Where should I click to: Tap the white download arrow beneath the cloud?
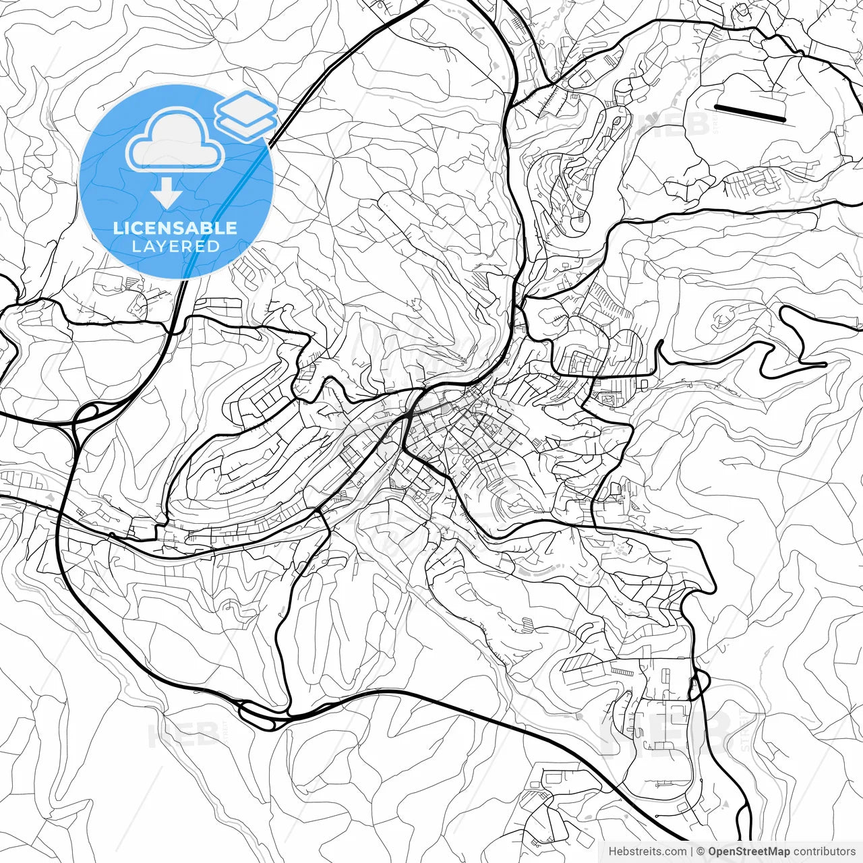pyautogui.click(x=166, y=194)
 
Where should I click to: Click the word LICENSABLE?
pyautogui.click(x=175, y=228)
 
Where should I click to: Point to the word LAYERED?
pyautogui.click(x=175, y=246)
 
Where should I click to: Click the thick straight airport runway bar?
pyautogui.click(x=750, y=113)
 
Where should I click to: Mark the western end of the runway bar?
pyautogui.click(x=716, y=107)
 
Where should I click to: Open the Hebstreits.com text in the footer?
pyautogui.click(x=647, y=852)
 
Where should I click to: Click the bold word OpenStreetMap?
pyautogui.click(x=748, y=852)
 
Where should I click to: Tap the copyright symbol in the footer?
pyautogui.click(x=701, y=852)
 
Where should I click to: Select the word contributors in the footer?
pyautogui.click(x=824, y=852)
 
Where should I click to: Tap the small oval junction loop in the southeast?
pyautogui.click(x=699, y=686)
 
